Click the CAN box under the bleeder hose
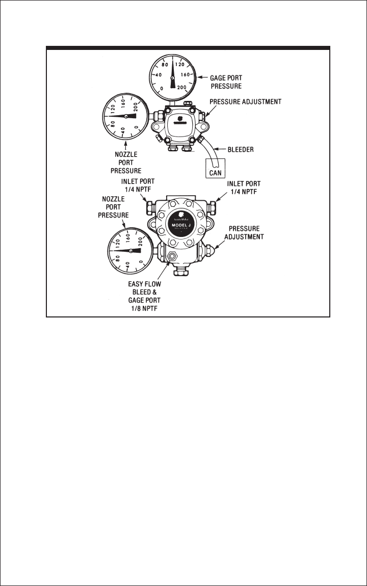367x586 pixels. [x=215, y=172]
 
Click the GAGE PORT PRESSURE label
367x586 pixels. [x=226, y=83]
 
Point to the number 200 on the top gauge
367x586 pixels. [x=182, y=89]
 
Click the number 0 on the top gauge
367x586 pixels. [x=162, y=89]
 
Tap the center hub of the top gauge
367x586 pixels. [x=172, y=78]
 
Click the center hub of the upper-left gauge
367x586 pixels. [x=125, y=116]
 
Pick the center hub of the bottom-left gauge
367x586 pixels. [x=131, y=251]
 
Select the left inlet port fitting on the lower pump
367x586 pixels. [x=151, y=207]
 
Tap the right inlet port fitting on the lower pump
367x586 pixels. [x=212, y=206]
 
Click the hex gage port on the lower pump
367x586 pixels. [x=172, y=256]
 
